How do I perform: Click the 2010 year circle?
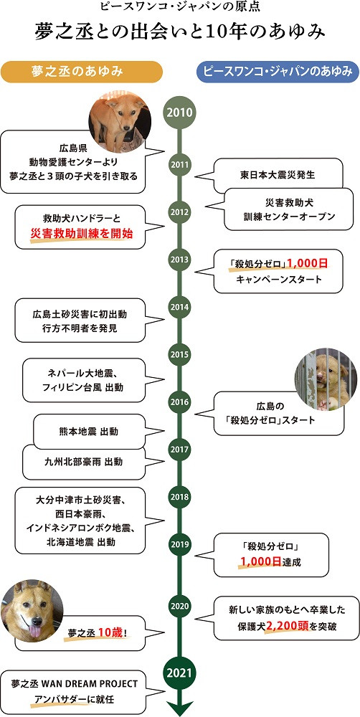(180, 113)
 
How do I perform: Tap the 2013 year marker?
(180, 260)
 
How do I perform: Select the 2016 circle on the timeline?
(180, 402)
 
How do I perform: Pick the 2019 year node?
(180, 544)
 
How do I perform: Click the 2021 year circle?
(180, 673)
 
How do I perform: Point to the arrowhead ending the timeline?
(180, 708)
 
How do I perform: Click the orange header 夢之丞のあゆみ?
(82, 72)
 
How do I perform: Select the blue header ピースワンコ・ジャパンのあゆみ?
(278, 72)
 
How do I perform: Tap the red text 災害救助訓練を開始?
(82, 234)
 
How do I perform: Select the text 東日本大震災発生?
(278, 175)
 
